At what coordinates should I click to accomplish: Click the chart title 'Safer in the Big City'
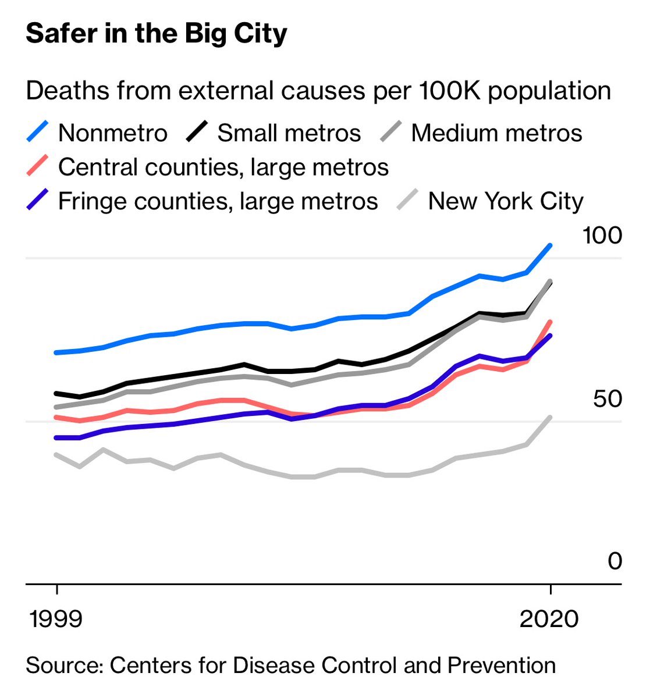pos(156,34)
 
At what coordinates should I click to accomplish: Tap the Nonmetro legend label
pos(113,133)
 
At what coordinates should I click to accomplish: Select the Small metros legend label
pos(289,133)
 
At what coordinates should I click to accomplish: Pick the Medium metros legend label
pos(496,133)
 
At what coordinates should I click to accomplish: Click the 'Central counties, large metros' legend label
pos(223,168)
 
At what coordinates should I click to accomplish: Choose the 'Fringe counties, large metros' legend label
pos(218,202)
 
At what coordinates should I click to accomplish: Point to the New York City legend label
pos(506,202)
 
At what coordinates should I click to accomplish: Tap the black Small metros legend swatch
pos(197,133)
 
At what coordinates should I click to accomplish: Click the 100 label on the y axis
pos(602,236)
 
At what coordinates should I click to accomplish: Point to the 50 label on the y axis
pos(608,399)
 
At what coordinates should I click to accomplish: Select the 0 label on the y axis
pos(615,561)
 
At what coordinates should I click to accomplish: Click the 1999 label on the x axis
pos(56,619)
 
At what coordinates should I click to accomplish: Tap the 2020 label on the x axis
pos(549,619)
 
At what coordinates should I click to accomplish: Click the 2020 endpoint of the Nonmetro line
pos(550,245)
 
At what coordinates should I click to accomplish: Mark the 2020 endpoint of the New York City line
pos(550,417)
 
